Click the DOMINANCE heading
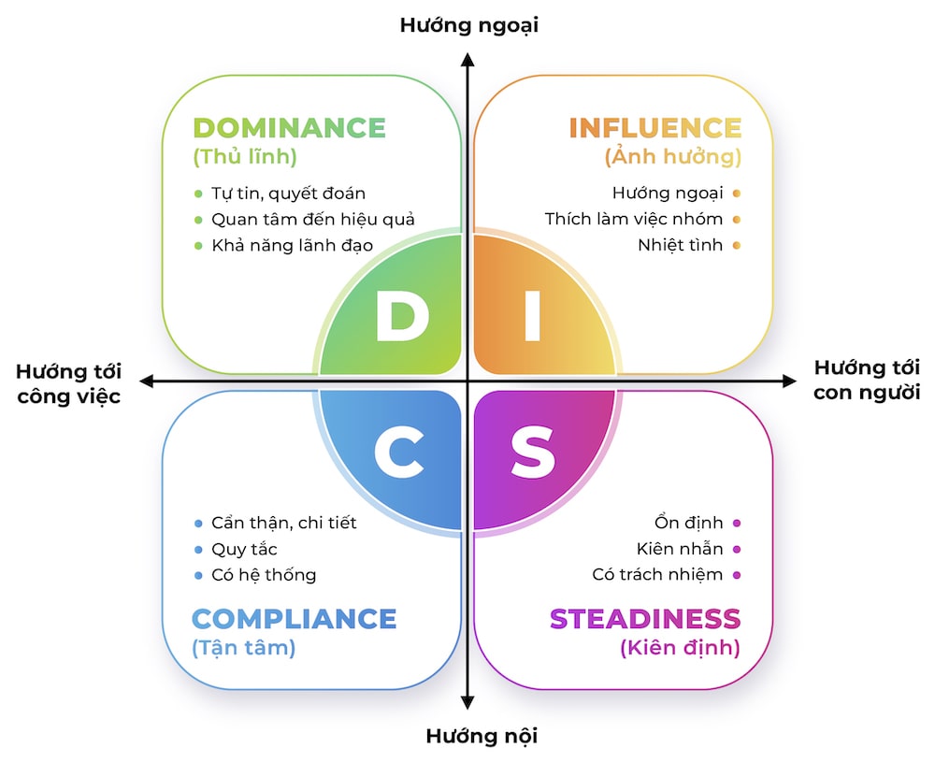point(289,128)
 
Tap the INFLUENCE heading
point(654,128)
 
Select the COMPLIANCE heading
point(294,618)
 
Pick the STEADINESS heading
point(644,618)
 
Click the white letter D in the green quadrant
point(401,318)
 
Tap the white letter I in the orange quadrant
point(531,318)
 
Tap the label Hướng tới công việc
point(68,382)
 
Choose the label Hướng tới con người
point(867,380)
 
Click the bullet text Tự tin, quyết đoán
point(288,194)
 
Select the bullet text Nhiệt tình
point(680,246)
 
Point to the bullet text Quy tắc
point(244,549)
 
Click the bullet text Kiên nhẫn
point(680,549)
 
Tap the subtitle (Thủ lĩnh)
point(244,157)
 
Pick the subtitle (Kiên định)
point(680,647)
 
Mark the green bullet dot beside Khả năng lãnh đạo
point(198,246)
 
